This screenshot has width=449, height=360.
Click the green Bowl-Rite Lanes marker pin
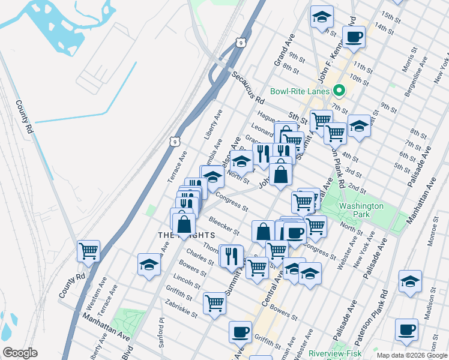coord(339,91)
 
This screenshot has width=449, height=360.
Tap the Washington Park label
coord(361,210)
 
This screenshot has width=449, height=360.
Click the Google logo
coord(20,353)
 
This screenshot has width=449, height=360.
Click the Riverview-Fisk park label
coord(333,354)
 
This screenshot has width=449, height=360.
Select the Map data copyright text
coord(412,355)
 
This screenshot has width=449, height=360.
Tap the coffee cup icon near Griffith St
coord(240,331)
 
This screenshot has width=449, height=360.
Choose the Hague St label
coord(266,116)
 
